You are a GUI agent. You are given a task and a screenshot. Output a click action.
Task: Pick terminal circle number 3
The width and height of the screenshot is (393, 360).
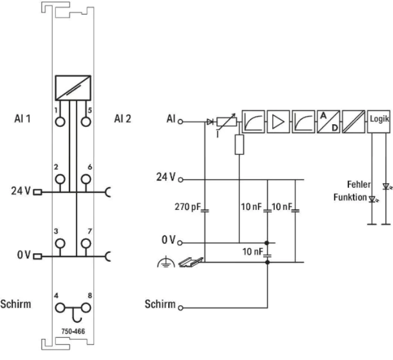[x=60, y=243]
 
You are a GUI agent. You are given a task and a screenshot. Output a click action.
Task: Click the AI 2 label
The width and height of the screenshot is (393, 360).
[x=123, y=119]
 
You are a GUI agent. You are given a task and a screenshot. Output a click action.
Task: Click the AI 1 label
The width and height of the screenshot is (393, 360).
[x=23, y=119]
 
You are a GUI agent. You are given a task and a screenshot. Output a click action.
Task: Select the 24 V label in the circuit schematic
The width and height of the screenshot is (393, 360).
[x=167, y=177]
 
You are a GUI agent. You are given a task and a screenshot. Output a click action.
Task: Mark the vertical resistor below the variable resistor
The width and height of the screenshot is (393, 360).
[x=239, y=144]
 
